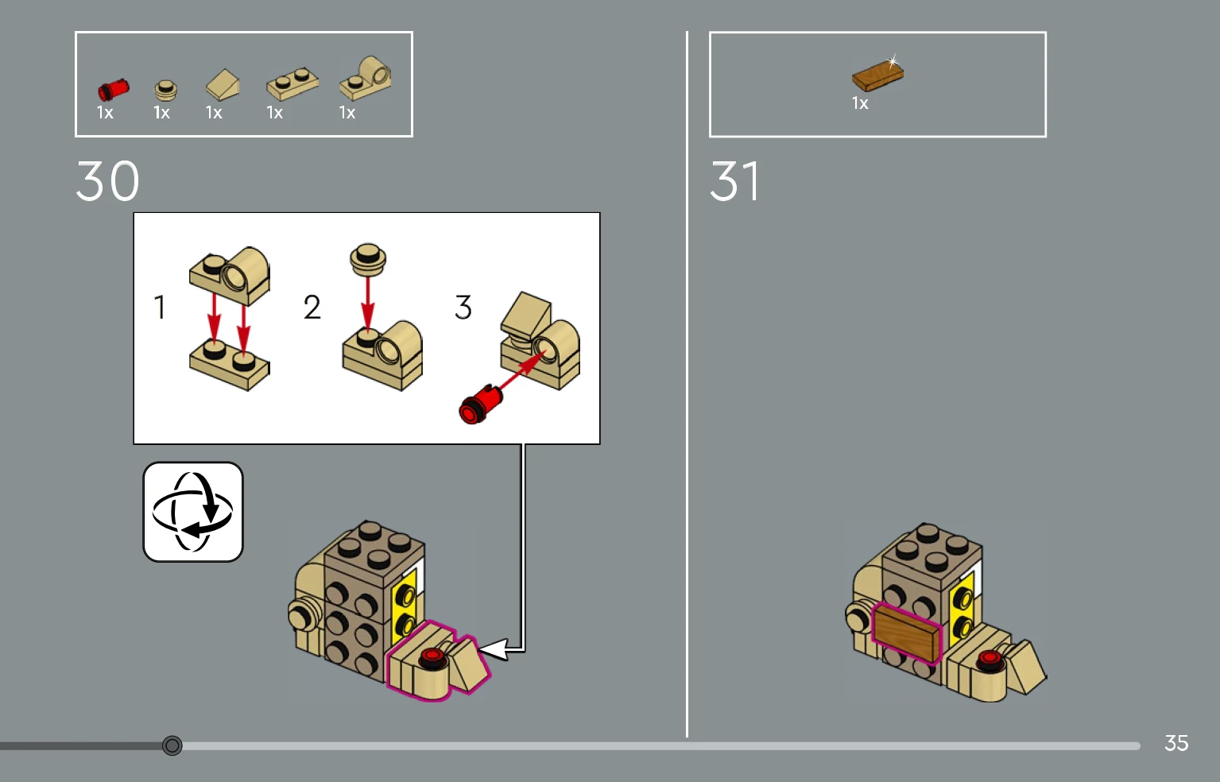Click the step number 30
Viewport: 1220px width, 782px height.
click(107, 180)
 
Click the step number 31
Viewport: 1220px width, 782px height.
click(734, 180)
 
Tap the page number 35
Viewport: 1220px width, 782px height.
click(1175, 743)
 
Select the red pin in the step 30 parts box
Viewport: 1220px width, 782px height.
click(114, 89)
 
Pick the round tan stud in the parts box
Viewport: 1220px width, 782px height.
click(165, 91)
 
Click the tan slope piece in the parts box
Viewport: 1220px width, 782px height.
click(223, 84)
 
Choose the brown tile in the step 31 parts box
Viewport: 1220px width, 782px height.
click(877, 76)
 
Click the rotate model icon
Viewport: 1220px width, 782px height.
click(193, 512)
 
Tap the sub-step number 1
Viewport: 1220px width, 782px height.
click(160, 307)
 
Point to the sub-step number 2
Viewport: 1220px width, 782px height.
click(312, 307)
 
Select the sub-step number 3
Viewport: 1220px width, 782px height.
click(463, 307)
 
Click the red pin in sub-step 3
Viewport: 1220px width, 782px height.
click(480, 404)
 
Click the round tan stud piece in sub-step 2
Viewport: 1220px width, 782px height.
click(368, 258)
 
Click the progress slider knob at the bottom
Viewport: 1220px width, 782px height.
click(172, 745)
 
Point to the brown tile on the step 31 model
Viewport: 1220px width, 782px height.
click(907, 633)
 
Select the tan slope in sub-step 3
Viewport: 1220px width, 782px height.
click(526, 315)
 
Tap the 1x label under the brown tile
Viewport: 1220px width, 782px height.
click(860, 103)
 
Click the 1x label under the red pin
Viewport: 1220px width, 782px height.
click(105, 112)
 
